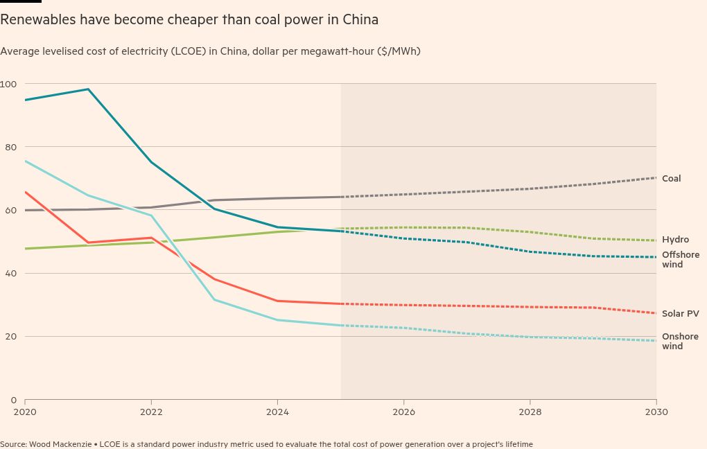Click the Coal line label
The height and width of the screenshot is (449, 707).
(x=671, y=179)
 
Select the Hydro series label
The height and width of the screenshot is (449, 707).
(x=675, y=240)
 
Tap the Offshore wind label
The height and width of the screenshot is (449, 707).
(x=680, y=259)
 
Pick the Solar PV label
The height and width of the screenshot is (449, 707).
(x=680, y=314)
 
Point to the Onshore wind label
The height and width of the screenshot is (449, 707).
(x=680, y=342)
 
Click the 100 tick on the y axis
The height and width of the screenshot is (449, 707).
(x=8, y=84)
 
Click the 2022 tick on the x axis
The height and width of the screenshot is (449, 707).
(x=151, y=412)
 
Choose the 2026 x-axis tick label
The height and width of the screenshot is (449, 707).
(x=403, y=412)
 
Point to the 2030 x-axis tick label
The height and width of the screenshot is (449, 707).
(x=656, y=412)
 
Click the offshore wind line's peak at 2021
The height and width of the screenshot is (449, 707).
(x=88, y=89)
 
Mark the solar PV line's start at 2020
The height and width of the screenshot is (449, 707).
(x=25, y=192)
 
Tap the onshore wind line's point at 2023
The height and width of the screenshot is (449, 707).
(x=214, y=299)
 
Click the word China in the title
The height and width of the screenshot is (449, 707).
(x=360, y=19)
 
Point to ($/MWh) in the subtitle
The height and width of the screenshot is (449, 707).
(x=399, y=51)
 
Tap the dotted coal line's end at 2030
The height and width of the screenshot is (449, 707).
(x=656, y=178)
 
